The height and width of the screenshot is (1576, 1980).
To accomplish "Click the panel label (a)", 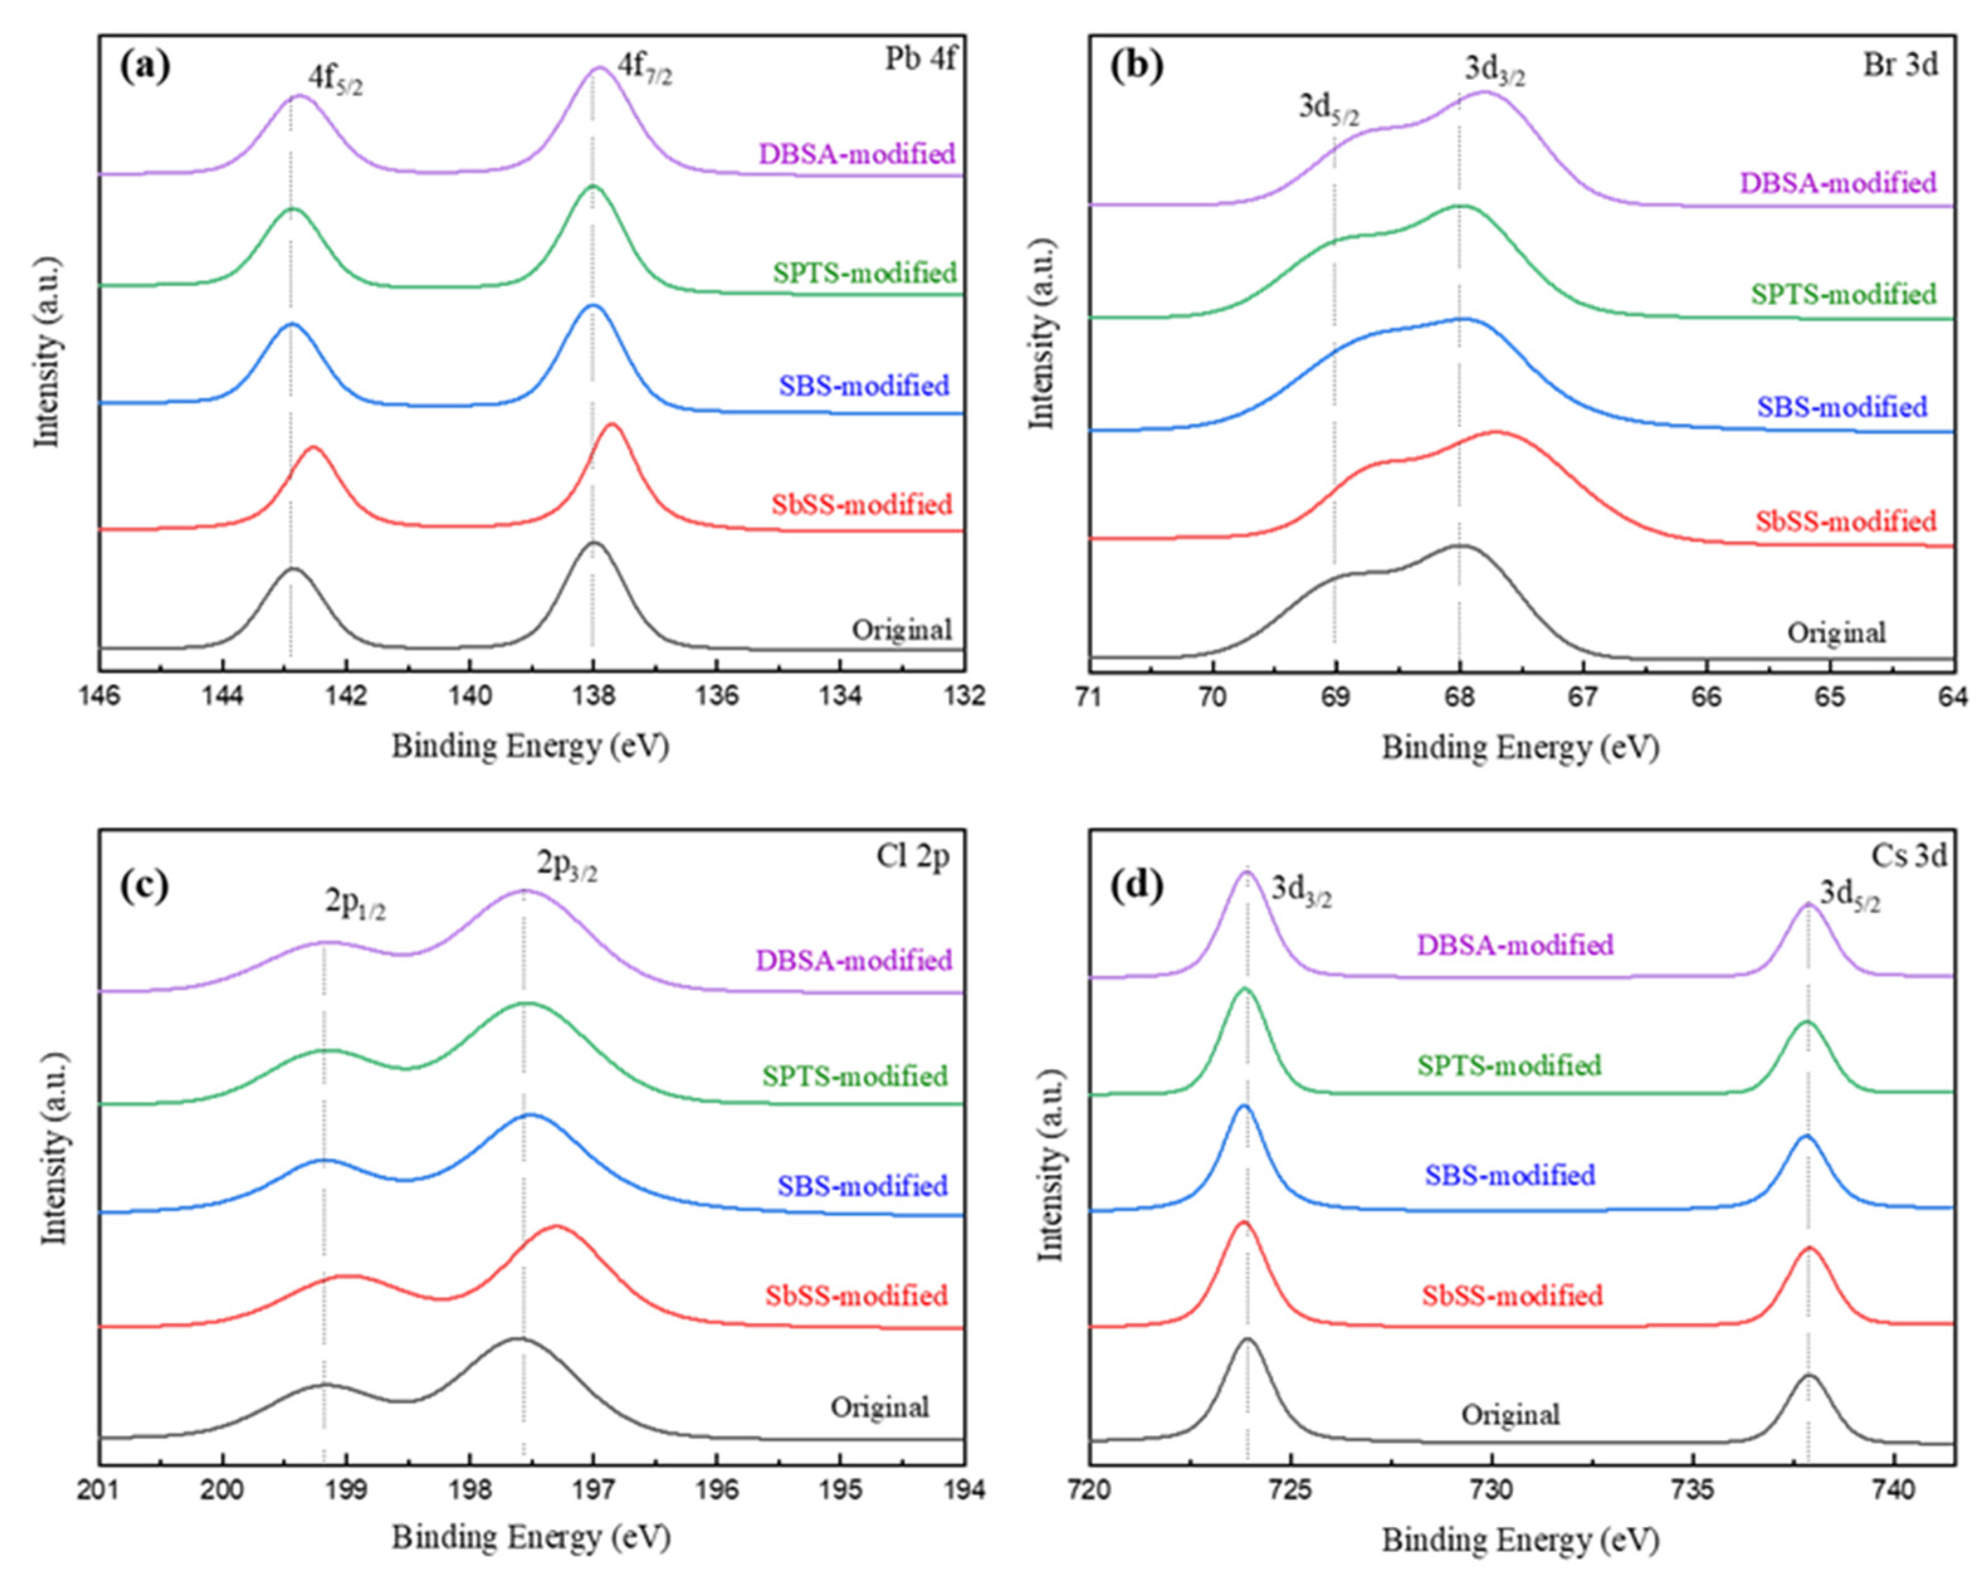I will click(145, 67).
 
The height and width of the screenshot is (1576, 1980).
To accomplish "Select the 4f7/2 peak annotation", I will click(644, 70).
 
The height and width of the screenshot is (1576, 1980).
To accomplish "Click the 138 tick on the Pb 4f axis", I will click(592, 696).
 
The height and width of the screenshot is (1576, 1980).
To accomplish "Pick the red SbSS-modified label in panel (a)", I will click(861, 504).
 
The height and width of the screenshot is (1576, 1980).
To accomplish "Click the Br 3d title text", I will click(1900, 65).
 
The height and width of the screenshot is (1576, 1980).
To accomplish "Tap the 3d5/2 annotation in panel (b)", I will click(1328, 109).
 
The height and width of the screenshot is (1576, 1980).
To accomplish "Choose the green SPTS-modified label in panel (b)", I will click(1843, 295).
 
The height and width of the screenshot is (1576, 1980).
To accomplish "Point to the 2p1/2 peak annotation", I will click(355, 904).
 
